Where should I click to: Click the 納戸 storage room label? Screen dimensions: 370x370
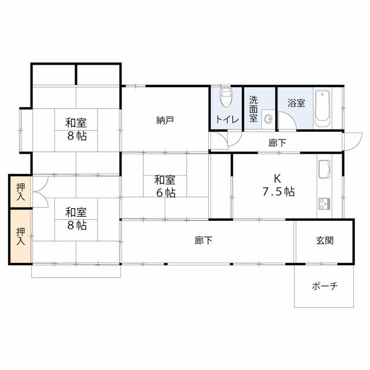point(165,121)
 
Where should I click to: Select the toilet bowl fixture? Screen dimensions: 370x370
point(226,97)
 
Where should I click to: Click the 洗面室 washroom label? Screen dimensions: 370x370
point(253,108)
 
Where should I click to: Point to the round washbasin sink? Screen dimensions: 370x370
point(268,119)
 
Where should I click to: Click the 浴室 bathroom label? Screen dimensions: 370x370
point(296,104)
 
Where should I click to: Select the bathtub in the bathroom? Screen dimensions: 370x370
point(321,108)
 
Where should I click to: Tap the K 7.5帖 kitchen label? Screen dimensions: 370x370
point(279,185)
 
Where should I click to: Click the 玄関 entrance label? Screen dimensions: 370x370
point(325,240)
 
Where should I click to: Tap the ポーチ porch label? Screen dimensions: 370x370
point(324,286)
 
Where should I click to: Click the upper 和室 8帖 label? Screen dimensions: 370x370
point(76,128)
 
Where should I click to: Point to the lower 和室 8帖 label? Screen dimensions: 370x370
point(76,217)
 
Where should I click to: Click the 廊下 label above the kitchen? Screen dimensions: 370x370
point(277,143)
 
